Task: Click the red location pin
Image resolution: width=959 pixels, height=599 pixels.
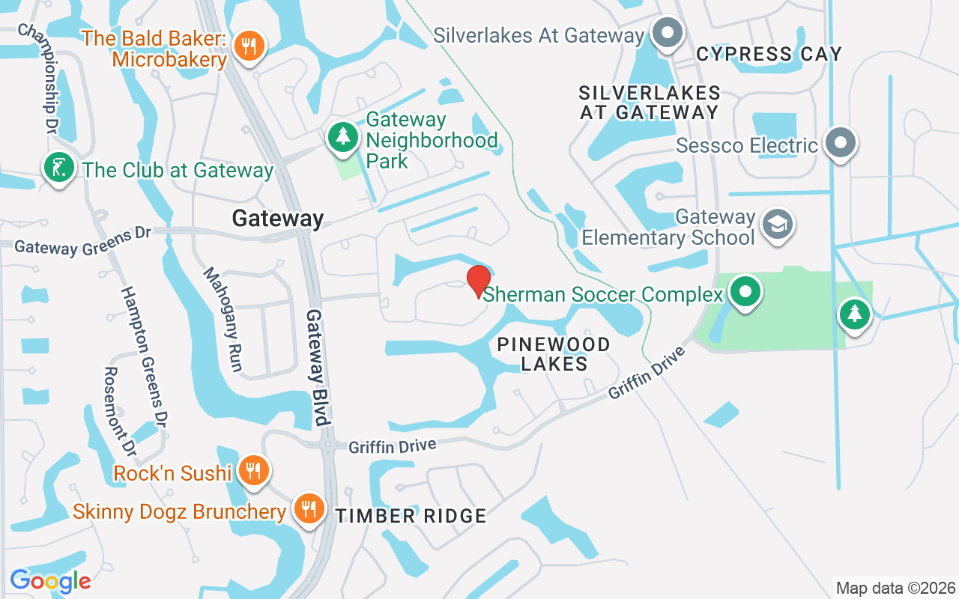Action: pyautogui.click(x=478, y=280)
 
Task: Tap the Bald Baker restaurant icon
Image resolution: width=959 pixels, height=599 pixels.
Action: pyautogui.click(x=248, y=46)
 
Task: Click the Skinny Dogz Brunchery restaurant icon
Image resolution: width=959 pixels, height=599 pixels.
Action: pyautogui.click(x=307, y=509)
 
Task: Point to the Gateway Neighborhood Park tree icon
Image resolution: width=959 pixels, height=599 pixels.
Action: pyautogui.click(x=343, y=137)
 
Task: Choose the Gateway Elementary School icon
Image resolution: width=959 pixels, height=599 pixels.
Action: pyautogui.click(x=778, y=224)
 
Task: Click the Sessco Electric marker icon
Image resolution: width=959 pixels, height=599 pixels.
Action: pyautogui.click(x=841, y=142)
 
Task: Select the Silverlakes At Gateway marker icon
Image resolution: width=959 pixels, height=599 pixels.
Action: pyautogui.click(x=665, y=34)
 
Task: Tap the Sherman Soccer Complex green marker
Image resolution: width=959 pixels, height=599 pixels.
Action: pyautogui.click(x=745, y=291)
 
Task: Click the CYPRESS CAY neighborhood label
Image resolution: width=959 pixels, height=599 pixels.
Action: pyautogui.click(x=769, y=54)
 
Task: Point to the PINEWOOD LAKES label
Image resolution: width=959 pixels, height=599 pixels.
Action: pyautogui.click(x=554, y=354)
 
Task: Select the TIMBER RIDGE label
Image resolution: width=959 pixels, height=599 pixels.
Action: pyautogui.click(x=411, y=516)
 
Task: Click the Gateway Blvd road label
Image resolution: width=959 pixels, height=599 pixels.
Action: pyautogui.click(x=318, y=367)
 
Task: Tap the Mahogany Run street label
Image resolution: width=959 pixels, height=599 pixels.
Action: pyautogui.click(x=223, y=319)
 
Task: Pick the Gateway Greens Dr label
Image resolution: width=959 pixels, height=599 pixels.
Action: pyautogui.click(x=82, y=241)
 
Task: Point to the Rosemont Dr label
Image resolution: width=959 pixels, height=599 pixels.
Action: pyautogui.click(x=119, y=412)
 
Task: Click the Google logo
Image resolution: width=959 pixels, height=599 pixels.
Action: pyautogui.click(x=50, y=580)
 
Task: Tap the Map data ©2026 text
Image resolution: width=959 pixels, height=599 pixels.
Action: pyautogui.click(x=895, y=588)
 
